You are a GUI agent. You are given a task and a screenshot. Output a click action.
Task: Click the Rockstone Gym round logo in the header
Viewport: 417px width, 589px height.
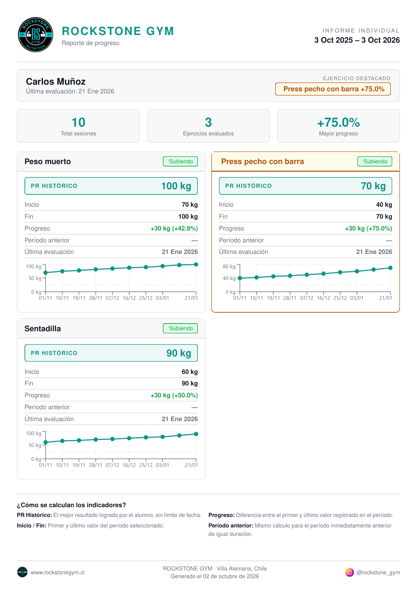pyautogui.click(x=36, y=35)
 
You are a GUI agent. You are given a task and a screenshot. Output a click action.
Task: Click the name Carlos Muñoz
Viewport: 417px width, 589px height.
pyautogui.click(x=56, y=81)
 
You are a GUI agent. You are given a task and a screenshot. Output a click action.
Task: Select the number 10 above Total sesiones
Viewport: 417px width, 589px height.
pyautogui.click(x=78, y=122)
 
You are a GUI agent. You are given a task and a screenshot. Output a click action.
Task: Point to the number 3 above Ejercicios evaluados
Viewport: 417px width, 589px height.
pyautogui.click(x=208, y=122)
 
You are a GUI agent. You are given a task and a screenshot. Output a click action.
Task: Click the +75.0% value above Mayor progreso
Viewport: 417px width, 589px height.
pyautogui.click(x=338, y=122)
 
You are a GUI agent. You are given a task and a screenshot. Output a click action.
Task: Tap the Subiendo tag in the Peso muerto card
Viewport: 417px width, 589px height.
pyautogui.click(x=180, y=161)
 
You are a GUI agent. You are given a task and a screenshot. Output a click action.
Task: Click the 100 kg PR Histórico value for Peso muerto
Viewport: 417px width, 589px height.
pyautogui.click(x=176, y=186)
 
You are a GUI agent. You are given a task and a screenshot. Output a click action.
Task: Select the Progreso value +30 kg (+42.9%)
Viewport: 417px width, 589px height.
pyautogui.click(x=174, y=228)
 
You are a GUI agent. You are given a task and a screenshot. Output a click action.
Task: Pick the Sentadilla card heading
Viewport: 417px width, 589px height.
pyautogui.click(x=43, y=328)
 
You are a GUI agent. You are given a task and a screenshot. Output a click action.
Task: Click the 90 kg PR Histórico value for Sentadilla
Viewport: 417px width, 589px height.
pyautogui.click(x=179, y=353)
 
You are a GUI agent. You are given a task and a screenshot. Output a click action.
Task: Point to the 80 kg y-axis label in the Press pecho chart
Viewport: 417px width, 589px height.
pyautogui.click(x=229, y=267)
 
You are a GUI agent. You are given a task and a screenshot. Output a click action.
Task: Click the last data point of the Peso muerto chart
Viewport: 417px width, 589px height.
pyautogui.click(x=196, y=264)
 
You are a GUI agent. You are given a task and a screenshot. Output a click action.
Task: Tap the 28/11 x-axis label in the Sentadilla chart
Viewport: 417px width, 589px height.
pyautogui.click(x=96, y=465)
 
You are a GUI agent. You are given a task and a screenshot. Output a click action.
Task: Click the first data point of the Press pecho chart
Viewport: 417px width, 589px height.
pyautogui.click(x=240, y=278)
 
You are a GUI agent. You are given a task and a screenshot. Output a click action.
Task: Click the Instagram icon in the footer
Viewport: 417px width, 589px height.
pyautogui.click(x=349, y=572)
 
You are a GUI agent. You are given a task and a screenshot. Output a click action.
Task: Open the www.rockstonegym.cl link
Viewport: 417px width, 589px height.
pyautogui.click(x=58, y=573)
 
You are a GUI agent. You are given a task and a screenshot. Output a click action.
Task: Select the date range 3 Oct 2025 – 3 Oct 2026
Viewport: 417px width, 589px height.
pyautogui.click(x=357, y=40)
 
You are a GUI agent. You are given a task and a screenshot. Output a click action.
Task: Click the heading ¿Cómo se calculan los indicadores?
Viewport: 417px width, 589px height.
pyautogui.click(x=71, y=505)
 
